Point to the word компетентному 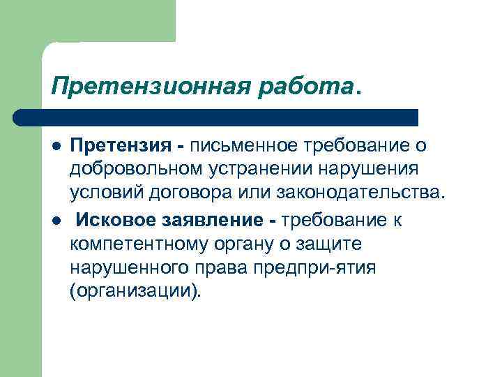(x=142, y=244)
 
